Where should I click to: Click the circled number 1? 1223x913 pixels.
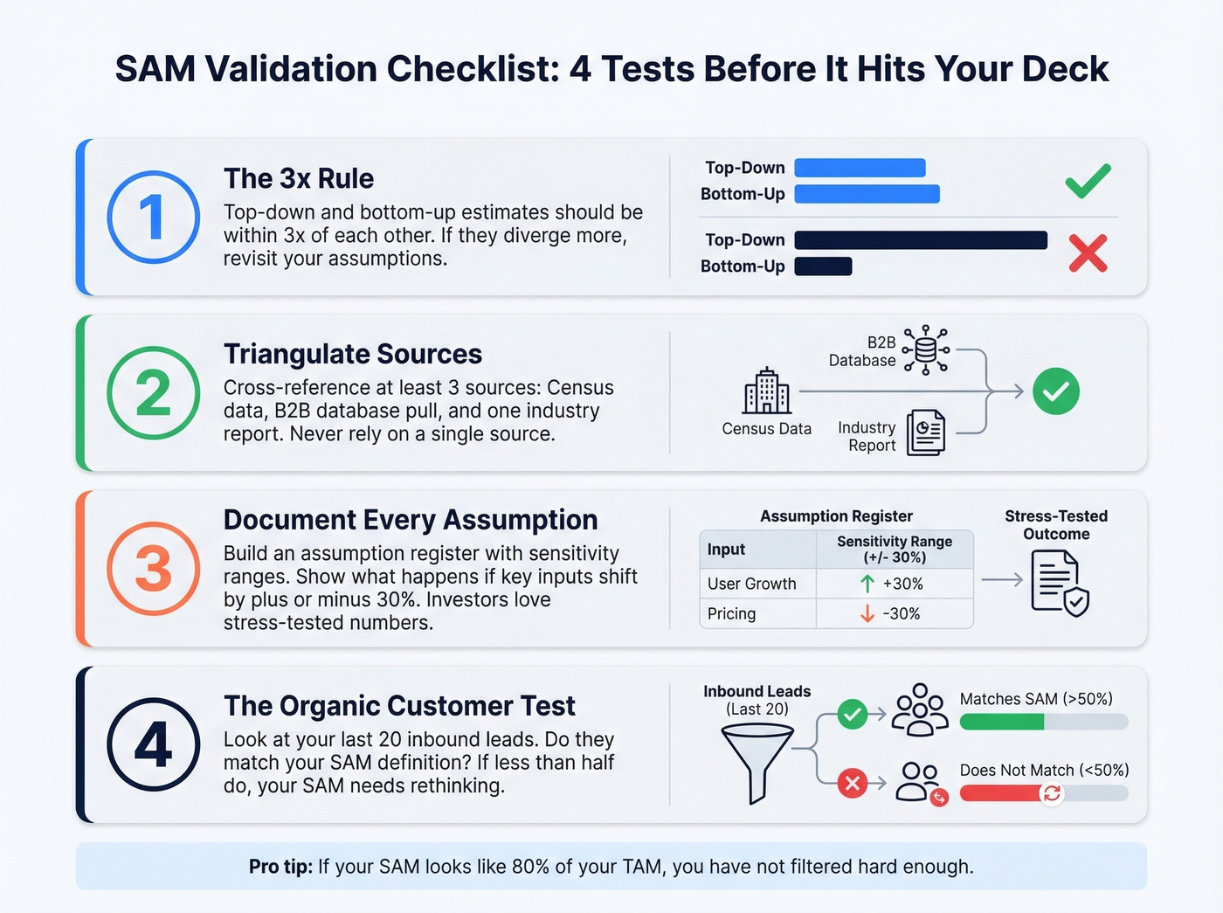tap(153, 217)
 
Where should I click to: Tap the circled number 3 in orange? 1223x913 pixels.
tap(153, 569)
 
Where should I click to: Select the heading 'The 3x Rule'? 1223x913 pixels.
tap(299, 178)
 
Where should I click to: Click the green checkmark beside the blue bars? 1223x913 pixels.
tap(1088, 181)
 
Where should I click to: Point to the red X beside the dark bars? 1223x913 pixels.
tap(1088, 253)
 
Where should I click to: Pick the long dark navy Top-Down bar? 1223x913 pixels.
tap(921, 240)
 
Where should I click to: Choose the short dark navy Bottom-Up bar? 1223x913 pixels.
tap(823, 266)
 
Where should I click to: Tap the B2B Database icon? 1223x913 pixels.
tap(926, 350)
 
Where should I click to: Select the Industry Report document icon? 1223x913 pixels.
tap(926, 432)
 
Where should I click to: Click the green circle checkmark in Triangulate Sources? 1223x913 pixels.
tap(1055, 391)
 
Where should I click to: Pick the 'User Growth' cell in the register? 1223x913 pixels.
tap(752, 584)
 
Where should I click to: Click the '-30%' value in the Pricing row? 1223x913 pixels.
tap(901, 614)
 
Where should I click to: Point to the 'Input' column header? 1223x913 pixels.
tap(726, 550)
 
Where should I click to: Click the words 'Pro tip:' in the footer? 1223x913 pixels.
tap(280, 867)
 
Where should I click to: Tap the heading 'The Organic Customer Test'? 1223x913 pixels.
tap(399, 706)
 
